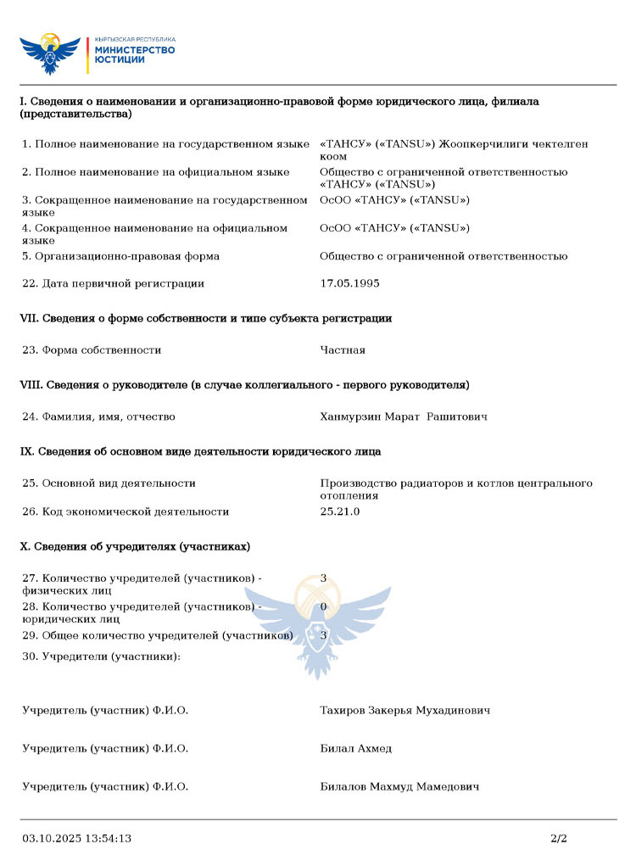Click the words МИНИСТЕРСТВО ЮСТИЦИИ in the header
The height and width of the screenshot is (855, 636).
point(135,54)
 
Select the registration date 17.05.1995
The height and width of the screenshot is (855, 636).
point(349,283)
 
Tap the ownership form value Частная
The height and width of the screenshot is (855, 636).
point(343,349)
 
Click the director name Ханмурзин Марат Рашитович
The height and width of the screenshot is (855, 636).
point(404,416)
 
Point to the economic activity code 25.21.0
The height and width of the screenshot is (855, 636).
point(340,511)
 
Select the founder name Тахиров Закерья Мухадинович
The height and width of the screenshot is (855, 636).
point(404,710)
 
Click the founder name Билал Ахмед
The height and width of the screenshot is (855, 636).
point(355,748)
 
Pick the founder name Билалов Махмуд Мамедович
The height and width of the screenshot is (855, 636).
point(399,786)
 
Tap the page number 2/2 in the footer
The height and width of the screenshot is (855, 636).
point(558,838)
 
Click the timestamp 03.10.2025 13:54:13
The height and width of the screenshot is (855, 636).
point(76,838)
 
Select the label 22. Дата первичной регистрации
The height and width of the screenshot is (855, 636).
point(113,283)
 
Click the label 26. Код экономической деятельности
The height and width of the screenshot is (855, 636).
point(126,511)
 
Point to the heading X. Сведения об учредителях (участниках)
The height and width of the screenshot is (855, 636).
point(135,545)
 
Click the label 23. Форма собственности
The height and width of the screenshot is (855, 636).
point(92,349)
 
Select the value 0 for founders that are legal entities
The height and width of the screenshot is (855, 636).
point(323,606)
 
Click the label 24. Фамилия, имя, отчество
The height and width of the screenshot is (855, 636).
point(98,416)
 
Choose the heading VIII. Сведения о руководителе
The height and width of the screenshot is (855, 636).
point(244,385)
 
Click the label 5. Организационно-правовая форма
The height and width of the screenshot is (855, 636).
point(120,256)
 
